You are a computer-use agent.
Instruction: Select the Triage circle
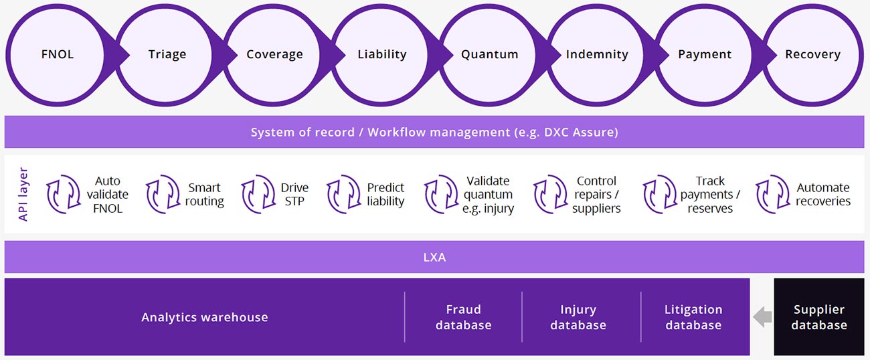(167, 54)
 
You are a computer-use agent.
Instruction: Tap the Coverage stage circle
(274, 54)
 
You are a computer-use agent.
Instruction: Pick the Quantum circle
(489, 54)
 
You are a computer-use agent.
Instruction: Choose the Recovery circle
(812, 54)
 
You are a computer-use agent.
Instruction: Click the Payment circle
(705, 54)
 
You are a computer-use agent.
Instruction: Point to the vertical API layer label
(24, 194)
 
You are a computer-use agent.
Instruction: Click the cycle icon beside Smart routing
(163, 195)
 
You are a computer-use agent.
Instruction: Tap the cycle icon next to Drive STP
(258, 195)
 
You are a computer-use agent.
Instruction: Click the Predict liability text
(385, 195)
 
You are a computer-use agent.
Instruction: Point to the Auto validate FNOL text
(107, 195)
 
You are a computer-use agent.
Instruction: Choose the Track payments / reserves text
(710, 195)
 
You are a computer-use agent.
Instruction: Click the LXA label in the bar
(434, 257)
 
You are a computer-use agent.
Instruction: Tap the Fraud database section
(463, 317)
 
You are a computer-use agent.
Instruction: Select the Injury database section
(578, 317)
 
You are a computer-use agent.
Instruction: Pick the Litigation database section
(693, 317)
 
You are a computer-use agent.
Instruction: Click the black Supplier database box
(818, 317)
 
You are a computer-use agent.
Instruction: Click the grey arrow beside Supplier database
(762, 318)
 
